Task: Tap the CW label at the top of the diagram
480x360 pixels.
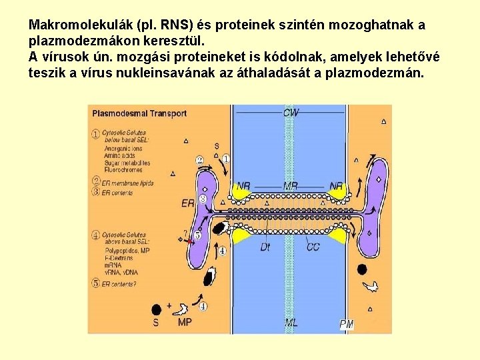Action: pos(291,113)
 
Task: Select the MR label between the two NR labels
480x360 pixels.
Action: pos(291,185)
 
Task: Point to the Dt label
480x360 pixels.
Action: pos(265,247)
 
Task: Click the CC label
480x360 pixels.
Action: pos(313,247)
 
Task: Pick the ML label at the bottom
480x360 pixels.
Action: pos(291,323)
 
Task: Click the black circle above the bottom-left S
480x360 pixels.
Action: pos(156,309)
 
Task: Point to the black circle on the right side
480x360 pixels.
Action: pos(362,269)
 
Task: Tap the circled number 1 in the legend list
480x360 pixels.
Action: pos(96,133)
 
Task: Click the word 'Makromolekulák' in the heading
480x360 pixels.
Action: pos(79,25)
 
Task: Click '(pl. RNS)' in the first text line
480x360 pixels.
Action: pos(165,25)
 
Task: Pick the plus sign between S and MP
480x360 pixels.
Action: pos(169,305)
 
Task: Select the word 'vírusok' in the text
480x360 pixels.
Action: pos(62,56)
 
